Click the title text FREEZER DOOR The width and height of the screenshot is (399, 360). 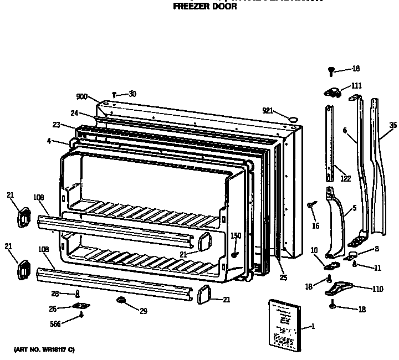(205, 7)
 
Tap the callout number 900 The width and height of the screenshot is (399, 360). (82, 96)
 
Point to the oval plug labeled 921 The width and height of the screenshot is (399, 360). (293, 117)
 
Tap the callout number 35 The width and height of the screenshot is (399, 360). (393, 125)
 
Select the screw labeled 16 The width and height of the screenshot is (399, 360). (310, 205)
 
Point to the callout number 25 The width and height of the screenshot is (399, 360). (283, 277)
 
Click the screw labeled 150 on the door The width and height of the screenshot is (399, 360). (235, 255)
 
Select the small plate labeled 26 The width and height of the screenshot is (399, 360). (82, 306)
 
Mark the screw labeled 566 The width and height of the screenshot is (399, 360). (82, 315)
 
